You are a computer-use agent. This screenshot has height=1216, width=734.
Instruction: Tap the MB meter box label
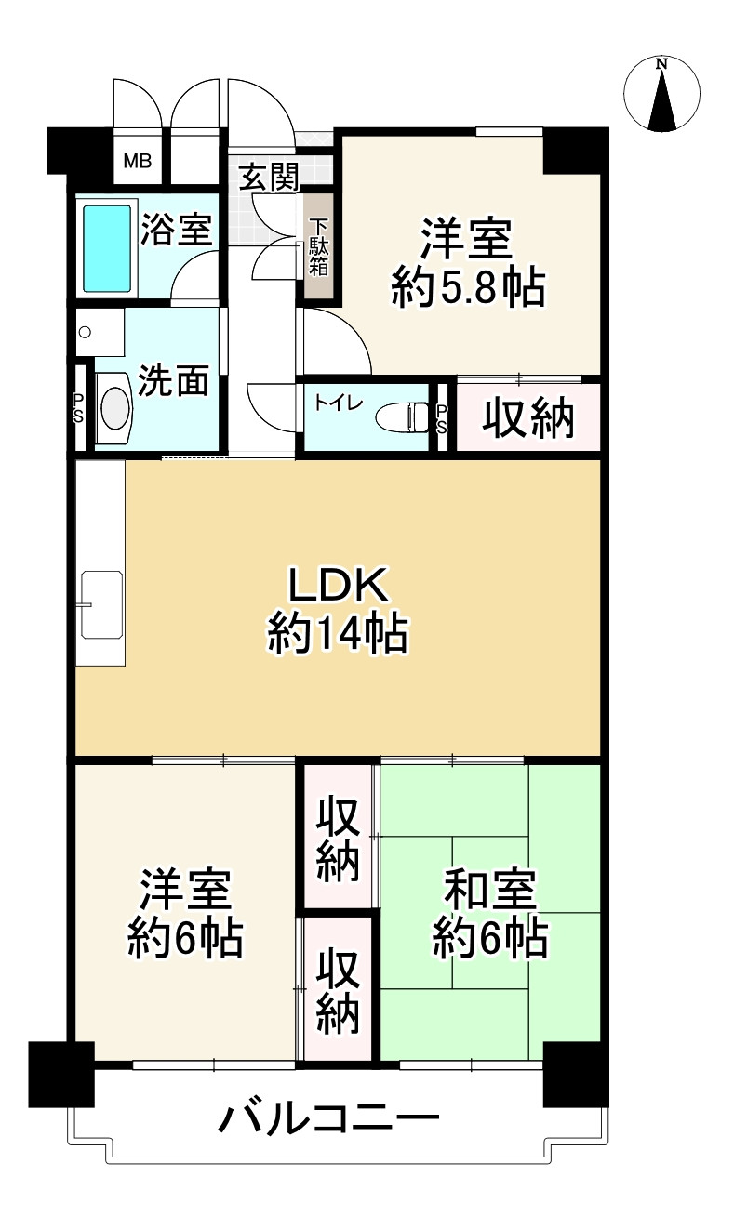point(138,161)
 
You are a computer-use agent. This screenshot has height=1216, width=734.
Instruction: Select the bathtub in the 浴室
point(108,247)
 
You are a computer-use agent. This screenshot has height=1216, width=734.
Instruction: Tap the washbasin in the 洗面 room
point(116,407)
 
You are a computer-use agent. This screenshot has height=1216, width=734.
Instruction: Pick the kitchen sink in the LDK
point(101,604)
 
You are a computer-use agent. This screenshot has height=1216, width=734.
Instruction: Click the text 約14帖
point(337,636)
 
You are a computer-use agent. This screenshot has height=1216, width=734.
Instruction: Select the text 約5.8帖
point(467,289)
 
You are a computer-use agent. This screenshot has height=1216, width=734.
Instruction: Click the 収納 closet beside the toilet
point(527,420)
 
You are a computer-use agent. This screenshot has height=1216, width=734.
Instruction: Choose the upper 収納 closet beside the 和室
point(338,839)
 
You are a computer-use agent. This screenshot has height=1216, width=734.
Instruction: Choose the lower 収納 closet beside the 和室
point(338,990)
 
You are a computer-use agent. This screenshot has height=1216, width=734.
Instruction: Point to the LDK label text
point(337,585)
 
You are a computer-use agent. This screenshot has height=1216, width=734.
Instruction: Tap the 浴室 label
point(176,229)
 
